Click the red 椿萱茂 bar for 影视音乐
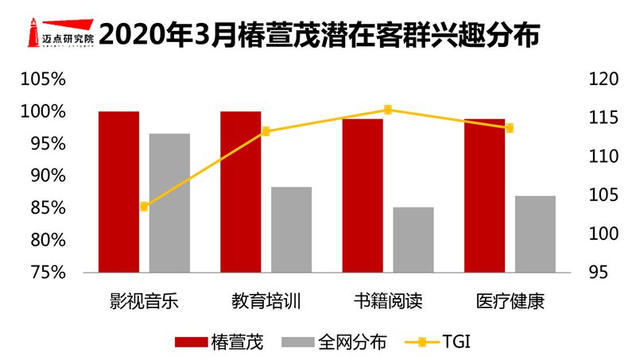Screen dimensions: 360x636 [118, 192]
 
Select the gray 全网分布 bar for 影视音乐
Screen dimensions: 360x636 [169, 203]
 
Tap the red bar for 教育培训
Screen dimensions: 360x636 [240, 192]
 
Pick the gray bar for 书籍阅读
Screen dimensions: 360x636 [413, 239]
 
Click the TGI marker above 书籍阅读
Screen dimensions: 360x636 [388, 110]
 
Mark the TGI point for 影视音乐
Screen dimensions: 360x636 [144, 207]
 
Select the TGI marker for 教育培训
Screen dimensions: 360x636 [266, 131]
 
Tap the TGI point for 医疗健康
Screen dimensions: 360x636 [510, 128]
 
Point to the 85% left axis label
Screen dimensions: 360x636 [46, 207]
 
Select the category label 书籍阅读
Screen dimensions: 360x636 [387, 302]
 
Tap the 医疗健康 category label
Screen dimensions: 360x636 [510, 302]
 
